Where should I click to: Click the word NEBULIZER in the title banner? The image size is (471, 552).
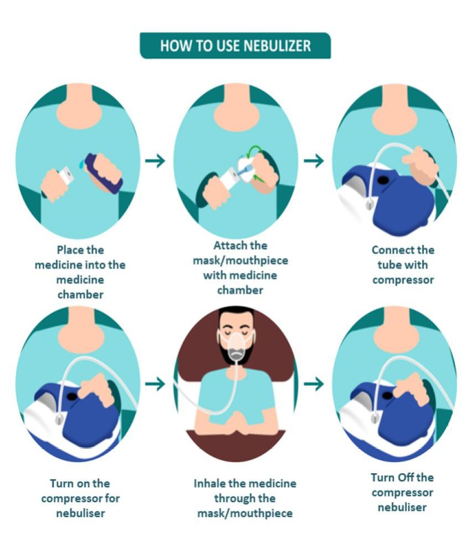click(277, 45)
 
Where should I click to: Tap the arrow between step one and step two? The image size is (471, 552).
click(155, 160)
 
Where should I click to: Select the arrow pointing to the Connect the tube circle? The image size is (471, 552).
click(314, 160)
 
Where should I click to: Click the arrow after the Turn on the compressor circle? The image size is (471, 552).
click(155, 384)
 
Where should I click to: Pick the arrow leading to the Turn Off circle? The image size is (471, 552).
click(314, 384)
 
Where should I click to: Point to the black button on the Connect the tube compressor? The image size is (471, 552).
click(383, 181)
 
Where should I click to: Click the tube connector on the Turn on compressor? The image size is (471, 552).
click(59, 419)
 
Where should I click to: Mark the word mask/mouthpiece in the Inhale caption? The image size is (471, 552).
click(245, 513)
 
